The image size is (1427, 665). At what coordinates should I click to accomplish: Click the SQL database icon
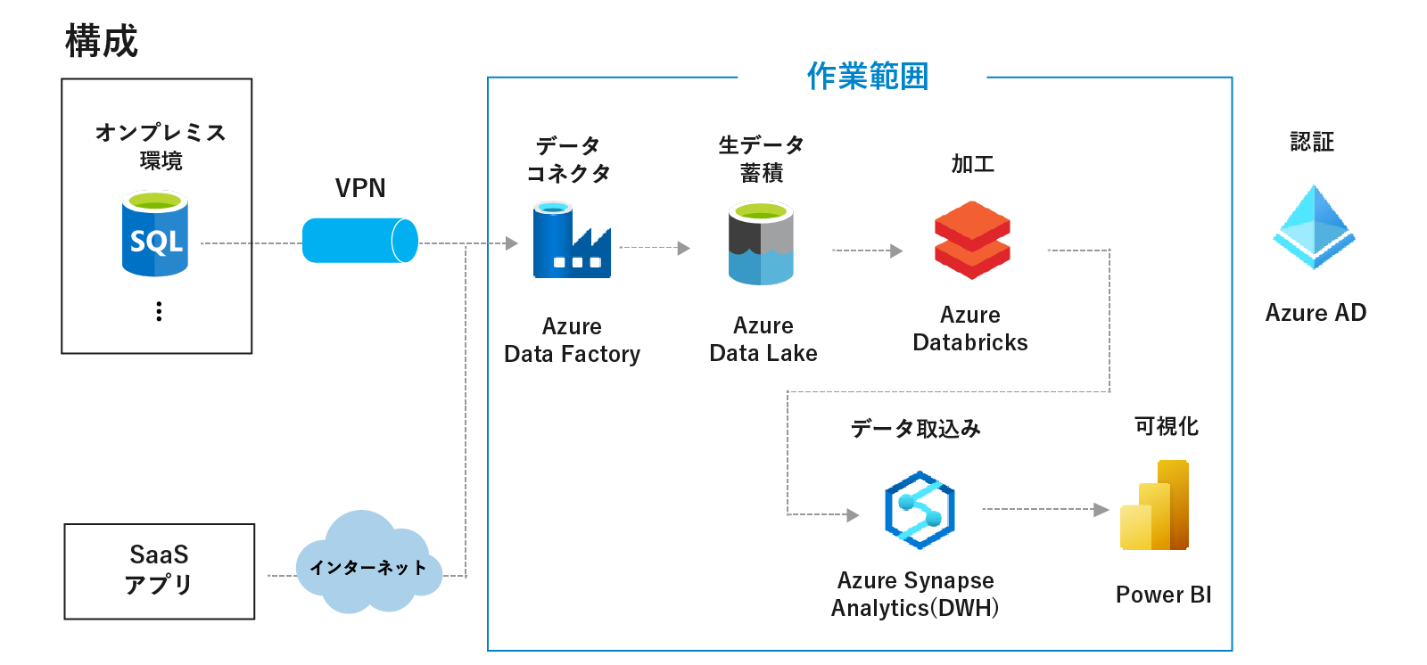pos(155,234)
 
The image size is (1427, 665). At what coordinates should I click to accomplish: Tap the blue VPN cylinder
pos(359,241)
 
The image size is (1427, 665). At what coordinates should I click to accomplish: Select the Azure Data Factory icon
pos(572,240)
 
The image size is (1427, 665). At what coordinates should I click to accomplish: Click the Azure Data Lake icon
pos(761,242)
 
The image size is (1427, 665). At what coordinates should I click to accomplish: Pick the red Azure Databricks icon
pos(972,240)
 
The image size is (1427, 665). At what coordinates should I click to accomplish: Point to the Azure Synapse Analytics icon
pos(920,510)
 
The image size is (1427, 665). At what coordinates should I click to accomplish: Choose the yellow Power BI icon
pos(1155,505)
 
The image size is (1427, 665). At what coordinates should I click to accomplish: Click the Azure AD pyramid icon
pos(1314,227)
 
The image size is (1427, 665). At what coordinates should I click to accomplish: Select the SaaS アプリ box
pos(160,571)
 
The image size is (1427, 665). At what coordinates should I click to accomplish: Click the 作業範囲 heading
pos(867,77)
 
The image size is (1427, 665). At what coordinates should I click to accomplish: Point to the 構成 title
pos(102,41)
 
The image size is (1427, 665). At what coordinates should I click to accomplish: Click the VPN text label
pos(360,188)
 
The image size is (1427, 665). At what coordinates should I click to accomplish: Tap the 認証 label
pos(1312,142)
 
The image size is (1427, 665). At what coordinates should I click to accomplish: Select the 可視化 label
pos(1166,426)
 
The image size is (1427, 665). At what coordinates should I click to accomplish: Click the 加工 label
pos(972,164)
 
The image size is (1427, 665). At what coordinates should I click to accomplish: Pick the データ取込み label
pos(915,429)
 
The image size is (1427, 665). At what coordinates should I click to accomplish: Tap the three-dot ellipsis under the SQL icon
pos(159,311)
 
